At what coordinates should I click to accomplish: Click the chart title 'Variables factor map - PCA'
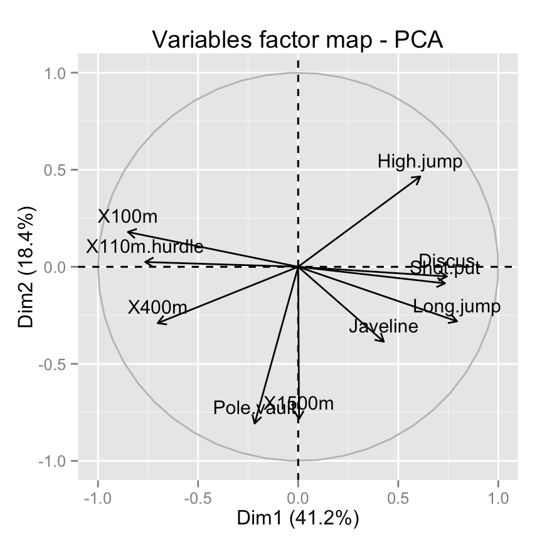click(298, 40)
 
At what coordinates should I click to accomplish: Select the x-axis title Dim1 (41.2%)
click(297, 518)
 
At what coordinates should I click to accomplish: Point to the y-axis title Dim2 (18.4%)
click(26, 267)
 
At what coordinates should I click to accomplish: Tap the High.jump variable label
click(420, 162)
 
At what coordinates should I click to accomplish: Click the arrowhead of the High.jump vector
click(420, 176)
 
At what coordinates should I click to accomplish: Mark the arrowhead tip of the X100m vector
click(127, 232)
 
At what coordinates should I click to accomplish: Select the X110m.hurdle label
click(144, 247)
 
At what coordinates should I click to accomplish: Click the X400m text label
click(157, 307)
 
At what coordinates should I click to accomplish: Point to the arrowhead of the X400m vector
click(157, 323)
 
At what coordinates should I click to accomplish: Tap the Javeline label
click(383, 327)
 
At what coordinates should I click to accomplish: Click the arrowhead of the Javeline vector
click(384, 341)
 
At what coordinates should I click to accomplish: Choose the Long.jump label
click(457, 307)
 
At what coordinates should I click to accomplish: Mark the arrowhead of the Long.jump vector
click(457, 322)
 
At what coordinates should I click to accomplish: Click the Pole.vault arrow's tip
click(254, 424)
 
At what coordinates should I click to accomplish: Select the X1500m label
click(298, 403)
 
